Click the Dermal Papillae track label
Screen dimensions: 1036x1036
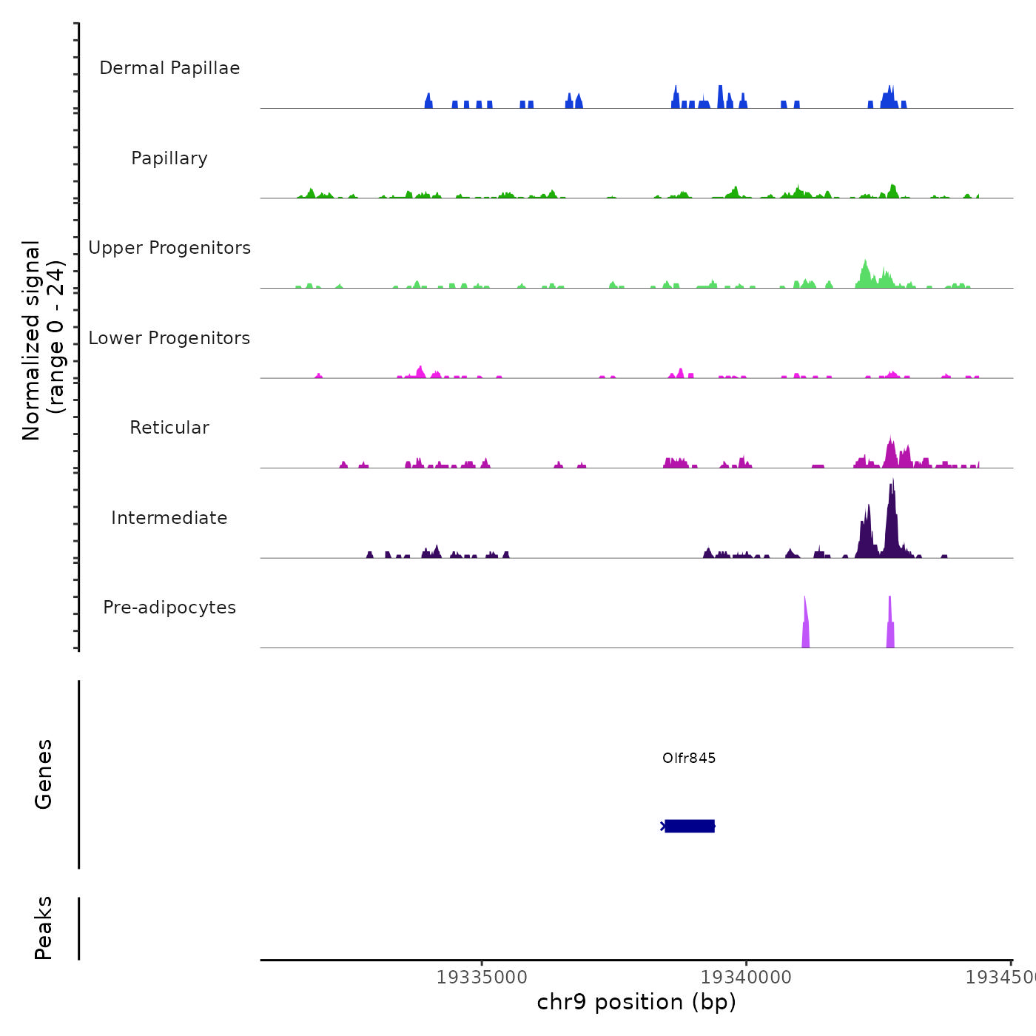pyautogui.click(x=169, y=68)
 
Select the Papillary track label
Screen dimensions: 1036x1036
pyautogui.click(x=169, y=158)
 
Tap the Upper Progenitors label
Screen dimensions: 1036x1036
pyautogui.click(x=169, y=248)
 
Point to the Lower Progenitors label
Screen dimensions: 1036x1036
pyautogui.click(x=169, y=338)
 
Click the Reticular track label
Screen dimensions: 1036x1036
pyautogui.click(x=169, y=428)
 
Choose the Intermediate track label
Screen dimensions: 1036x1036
pyautogui.click(x=169, y=518)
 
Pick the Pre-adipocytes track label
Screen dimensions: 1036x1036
pyautogui.click(x=169, y=608)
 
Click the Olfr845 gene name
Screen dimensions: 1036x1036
pyautogui.click(x=689, y=758)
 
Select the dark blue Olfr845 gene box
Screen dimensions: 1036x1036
pyautogui.click(x=690, y=826)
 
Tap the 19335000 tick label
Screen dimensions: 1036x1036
pyautogui.click(x=482, y=977)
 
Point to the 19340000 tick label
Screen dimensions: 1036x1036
pyautogui.click(x=746, y=977)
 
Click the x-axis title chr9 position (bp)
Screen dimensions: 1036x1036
pyautogui.click(x=636, y=1002)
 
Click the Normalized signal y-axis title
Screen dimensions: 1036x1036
pyautogui.click(x=43, y=340)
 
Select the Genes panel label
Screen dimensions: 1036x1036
pyautogui.click(x=44, y=773)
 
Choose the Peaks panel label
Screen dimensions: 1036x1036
pyautogui.click(x=44, y=928)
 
